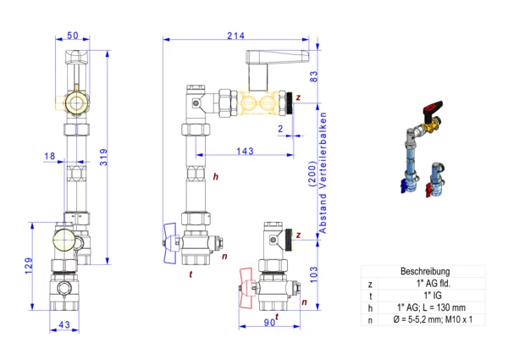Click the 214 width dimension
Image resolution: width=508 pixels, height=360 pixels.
click(235, 36)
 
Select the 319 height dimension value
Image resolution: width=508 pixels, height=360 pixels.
click(103, 158)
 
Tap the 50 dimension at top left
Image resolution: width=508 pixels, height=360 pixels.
click(73, 36)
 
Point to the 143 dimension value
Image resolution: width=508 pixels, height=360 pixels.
click(245, 151)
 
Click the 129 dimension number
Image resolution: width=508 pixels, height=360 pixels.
click(29, 266)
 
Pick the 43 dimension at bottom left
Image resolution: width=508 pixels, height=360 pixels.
click(64, 324)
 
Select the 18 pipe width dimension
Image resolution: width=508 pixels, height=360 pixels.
click(50, 156)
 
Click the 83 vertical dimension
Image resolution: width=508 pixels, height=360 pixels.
click(313, 76)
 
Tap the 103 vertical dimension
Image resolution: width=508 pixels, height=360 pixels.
click(313, 274)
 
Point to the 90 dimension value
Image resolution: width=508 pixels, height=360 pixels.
click(269, 323)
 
